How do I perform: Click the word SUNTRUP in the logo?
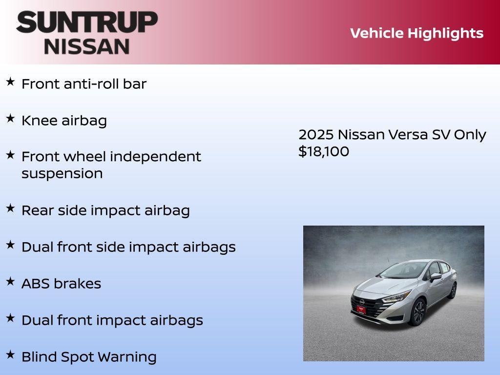pyautogui.click(x=87, y=22)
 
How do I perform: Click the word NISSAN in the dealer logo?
pyautogui.click(x=87, y=46)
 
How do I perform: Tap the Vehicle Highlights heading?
pyautogui.click(x=417, y=33)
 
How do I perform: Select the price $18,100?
pyautogui.click(x=324, y=151)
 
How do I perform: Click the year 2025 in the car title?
pyautogui.click(x=316, y=134)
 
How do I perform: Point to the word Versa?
pyautogui.click(x=408, y=134)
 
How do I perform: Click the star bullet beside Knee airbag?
pyautogui.click(x=10, y=119)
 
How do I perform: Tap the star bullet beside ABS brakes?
pyautogui.click(x=10, y=281)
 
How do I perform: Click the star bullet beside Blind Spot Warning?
pyautogui.click(x=10, y=354)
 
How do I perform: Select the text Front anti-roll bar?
pyautogui.click(x=84, y=84)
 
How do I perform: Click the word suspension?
pyautogui.click(x=62, y=174)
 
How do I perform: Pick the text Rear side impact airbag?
pyautogui.click(x=105, y=210)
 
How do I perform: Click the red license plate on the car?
pyautogui.click(x=361, y=309)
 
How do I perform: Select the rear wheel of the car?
pyautogui.click(x=453, y=291)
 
